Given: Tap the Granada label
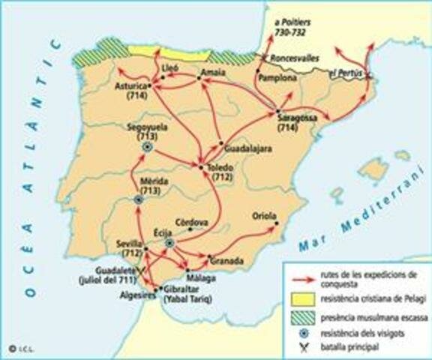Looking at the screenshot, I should coord(226,261).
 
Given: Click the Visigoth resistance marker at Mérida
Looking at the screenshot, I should coord(139,200).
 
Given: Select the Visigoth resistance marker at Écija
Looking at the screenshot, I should coord(170,244).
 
